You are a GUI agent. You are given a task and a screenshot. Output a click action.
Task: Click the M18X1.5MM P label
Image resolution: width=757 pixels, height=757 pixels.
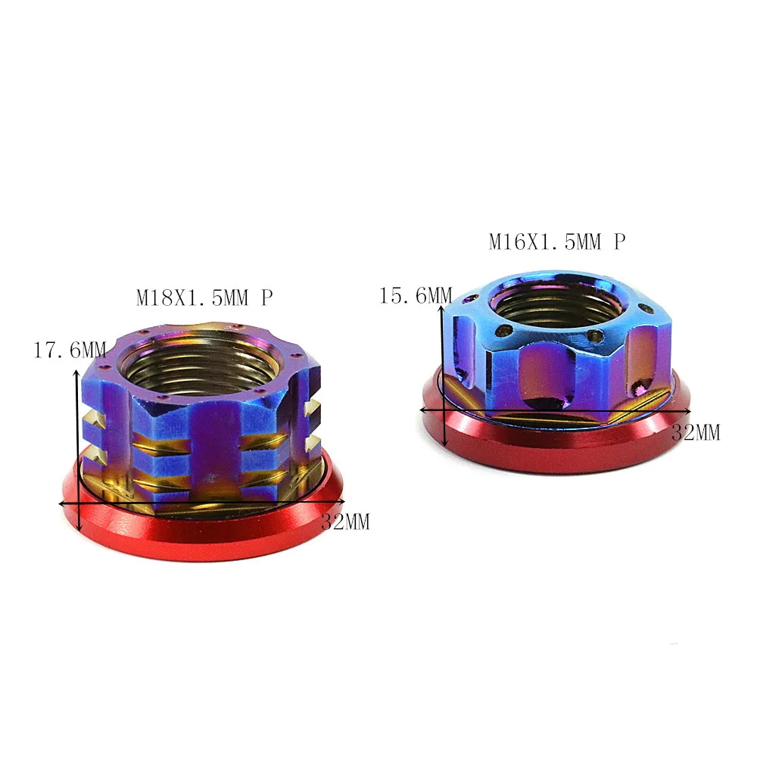click(204, 298)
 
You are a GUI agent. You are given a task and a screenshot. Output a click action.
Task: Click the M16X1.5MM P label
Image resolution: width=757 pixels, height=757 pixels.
click(557, 241)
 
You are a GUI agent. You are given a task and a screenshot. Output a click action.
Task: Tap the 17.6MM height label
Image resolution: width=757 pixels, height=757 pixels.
click(70, 350)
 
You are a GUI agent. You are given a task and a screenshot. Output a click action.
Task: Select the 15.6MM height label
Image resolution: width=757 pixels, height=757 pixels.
click(416, 295)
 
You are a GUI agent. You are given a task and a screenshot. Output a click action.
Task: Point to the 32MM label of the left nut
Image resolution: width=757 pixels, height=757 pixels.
click(346, 522)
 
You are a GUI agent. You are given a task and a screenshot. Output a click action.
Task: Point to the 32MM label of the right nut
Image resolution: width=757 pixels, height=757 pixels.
click(696, 432)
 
